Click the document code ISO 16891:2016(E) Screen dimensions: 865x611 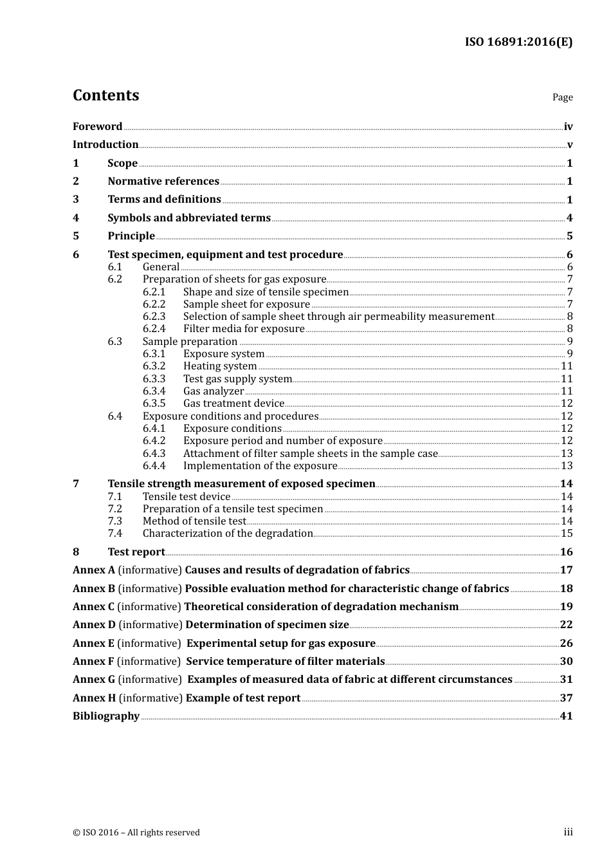coord(518,42)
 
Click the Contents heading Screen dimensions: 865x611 coord(105,95)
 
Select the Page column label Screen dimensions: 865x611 coord(562,97)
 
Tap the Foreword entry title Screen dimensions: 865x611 coord(97,126)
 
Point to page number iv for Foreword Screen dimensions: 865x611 coord(568,127)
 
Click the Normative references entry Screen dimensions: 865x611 coord(163,181)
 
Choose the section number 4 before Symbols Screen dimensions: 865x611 coord(76,218)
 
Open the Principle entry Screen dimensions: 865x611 coord(131,236)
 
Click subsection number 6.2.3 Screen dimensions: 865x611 coord(154,317)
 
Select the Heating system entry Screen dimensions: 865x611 coord(220,366)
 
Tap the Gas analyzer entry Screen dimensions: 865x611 coord(214,391)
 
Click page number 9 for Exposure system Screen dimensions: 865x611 coord(569,354)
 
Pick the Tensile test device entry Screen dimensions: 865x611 coord(187,497)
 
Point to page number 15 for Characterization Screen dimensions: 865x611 coord(567,534)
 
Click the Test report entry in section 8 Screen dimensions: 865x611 coord(136,552)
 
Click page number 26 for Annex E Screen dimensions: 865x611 coord(566,644)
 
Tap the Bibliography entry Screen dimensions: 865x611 coord(106,716)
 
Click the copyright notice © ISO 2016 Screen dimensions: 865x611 coord(136,833)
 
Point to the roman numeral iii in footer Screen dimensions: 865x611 coord(568,832)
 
